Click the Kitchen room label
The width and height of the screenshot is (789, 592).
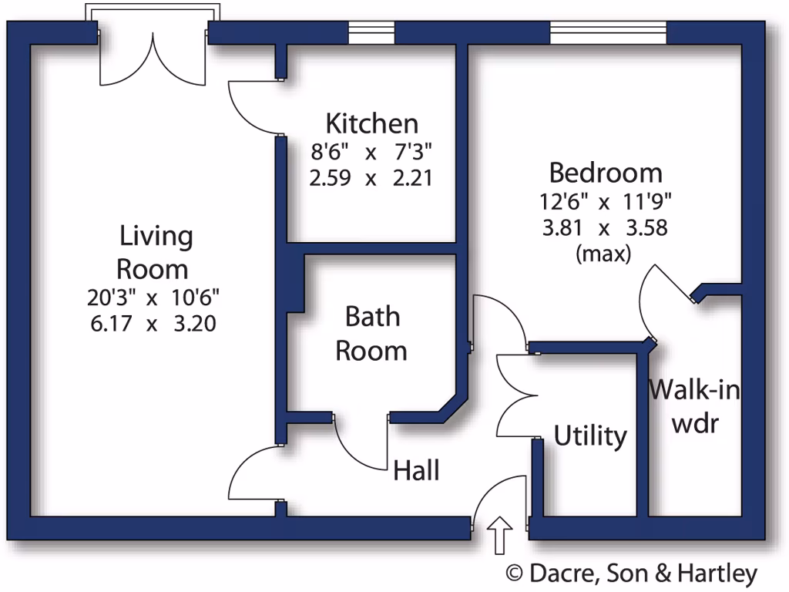(372, 123)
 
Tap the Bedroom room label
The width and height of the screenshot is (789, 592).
(605, 172)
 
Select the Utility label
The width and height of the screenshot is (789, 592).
(590, 436)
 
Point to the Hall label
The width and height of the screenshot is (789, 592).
(416, 469)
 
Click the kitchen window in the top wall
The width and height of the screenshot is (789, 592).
(371, 33)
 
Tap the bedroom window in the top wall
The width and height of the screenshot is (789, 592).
(608, 33)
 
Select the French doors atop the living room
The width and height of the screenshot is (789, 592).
(153, 58)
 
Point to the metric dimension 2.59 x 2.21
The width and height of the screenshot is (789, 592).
(371, 179)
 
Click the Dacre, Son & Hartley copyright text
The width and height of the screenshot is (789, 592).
(631, 573)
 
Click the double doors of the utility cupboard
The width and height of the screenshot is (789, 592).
(514, 395)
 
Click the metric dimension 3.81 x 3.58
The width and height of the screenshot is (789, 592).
(605, 228)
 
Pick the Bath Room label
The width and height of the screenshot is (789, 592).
(371, 334)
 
